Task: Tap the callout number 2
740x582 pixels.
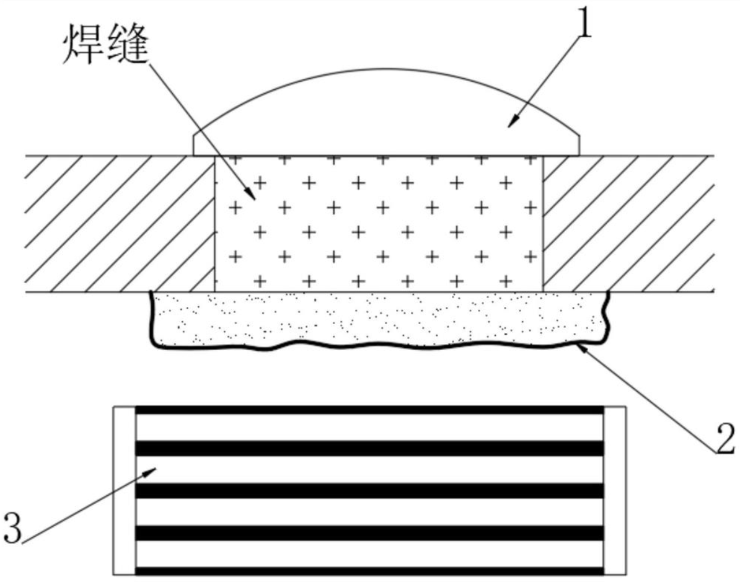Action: [725, 438]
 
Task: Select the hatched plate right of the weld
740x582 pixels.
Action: [628, 223]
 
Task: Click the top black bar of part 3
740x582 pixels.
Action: [369, 410]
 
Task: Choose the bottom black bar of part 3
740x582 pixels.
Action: [369, 571]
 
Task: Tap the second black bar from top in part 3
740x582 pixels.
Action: [369, 448]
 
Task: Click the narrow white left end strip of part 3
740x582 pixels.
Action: [125, 490]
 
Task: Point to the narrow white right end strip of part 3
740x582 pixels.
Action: [615, 490]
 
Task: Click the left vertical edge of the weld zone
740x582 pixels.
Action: [214, 223]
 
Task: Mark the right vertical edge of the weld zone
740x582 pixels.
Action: [543, 223]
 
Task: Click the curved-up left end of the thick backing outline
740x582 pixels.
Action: [152, 302]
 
